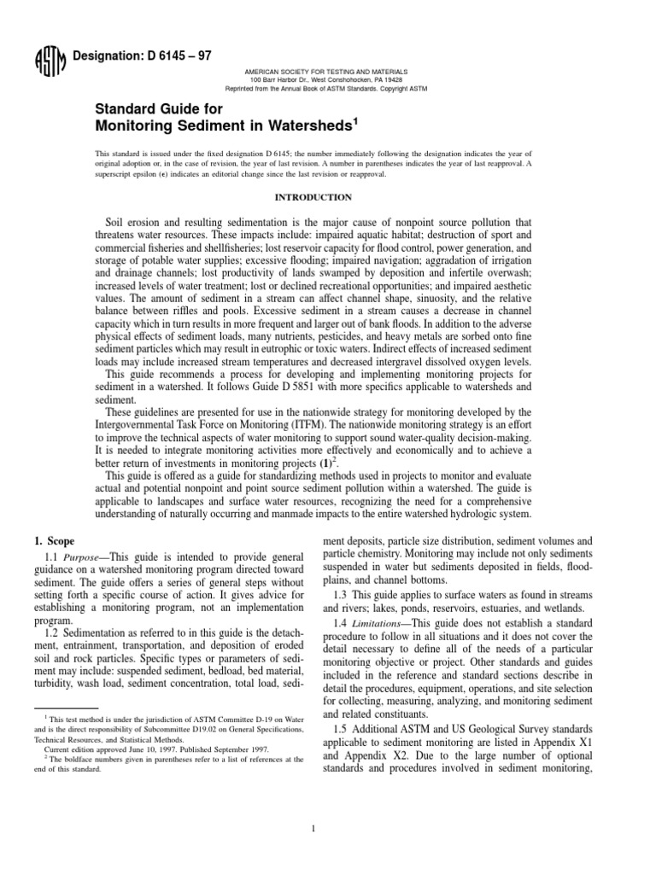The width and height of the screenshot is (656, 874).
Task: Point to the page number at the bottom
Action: pos(328,829)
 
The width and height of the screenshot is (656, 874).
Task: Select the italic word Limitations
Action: pos(389,624)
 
